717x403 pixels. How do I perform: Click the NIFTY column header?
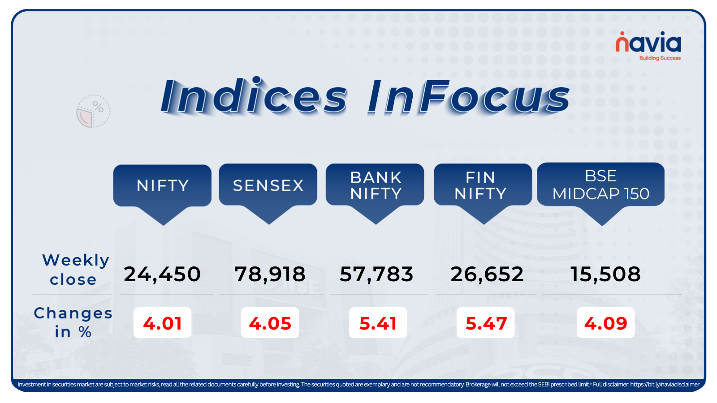coord(162,185)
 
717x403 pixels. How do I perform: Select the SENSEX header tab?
coord(268,185)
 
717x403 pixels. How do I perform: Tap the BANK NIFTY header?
coord(375,185)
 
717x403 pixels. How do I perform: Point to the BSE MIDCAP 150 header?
coord(600,185)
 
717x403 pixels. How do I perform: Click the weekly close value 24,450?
coord(162,274)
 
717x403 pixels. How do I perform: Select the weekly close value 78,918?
coord(270,274)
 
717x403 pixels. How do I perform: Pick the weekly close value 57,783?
coord(376,274)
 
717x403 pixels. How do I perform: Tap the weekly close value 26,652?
coord(487,274)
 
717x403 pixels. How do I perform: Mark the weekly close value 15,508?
coord(605,274)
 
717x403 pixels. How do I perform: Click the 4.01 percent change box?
coord(162,323)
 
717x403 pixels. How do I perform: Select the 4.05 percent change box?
coord(270,323)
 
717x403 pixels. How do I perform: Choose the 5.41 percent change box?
coord(378,323)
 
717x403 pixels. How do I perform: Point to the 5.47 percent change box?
coord(486,323)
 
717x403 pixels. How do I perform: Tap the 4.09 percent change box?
coord(605,323)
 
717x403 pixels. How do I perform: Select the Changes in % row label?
coord(73,322)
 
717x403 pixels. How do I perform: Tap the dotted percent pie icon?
coord(93,111)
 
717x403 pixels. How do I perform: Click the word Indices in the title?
coord(254,97)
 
